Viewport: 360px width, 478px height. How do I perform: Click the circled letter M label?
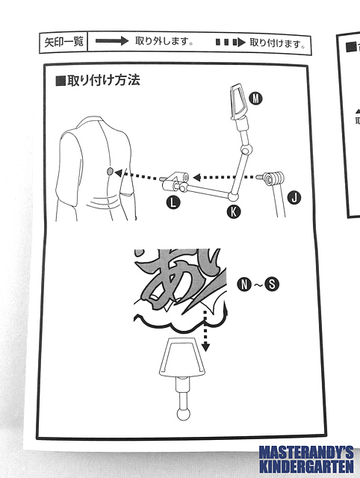255,99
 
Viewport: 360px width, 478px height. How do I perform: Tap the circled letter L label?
173,202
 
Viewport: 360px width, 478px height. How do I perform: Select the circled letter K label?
234,211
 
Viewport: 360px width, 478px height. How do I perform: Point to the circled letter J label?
294,197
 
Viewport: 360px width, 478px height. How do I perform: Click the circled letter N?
244,285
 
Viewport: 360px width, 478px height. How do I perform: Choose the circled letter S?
272,284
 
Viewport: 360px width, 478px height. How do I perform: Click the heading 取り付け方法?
98,81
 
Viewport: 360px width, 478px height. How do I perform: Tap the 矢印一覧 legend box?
63,42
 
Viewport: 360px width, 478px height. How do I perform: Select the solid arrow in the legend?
112,41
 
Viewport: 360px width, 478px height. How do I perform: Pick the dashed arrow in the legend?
231,42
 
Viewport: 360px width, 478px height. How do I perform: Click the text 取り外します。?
164,41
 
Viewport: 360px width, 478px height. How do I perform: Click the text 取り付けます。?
278,43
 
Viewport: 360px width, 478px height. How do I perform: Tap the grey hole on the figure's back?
110,171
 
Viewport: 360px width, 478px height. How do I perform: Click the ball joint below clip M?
246,149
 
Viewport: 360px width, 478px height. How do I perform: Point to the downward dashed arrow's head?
206,347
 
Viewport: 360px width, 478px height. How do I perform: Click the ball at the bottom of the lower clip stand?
184,415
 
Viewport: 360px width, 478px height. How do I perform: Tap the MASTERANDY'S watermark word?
306,453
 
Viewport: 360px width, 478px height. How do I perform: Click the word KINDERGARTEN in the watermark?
306,466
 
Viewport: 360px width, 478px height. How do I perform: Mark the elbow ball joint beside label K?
234,196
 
